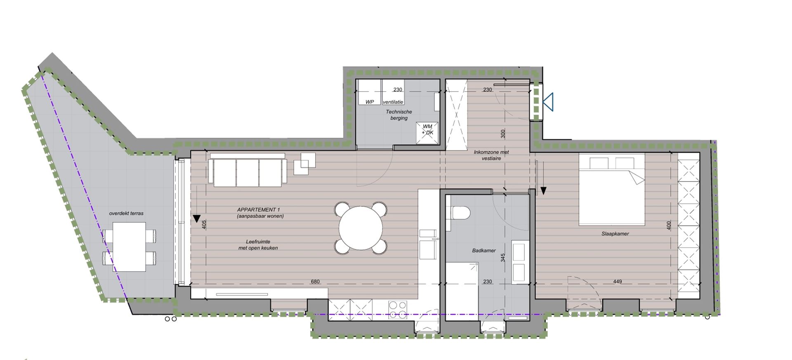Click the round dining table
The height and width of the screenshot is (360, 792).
pyautogui.click(x=361, y=228)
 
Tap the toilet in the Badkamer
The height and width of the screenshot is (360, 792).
pyautogui.click(x=460, y=213)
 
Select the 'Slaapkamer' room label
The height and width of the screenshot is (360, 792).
pyautogui.click(x=615, y=234)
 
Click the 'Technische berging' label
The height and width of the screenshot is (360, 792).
pyautogui.click(x=399, y=115)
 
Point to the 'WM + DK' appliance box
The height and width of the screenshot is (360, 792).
pyautogui.click(x=427, y=129)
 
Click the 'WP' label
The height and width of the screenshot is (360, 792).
pyautogui.click(x=369, y=102)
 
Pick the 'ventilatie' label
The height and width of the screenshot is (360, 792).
pyautogui.click(x=393, y=102)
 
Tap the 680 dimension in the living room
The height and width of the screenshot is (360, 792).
pyautogui.click(x=315, y=282)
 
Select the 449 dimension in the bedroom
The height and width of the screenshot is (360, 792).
pyautogui.click(x=617, y=282)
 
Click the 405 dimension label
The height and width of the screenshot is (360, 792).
pyautogui.click(x=204, y=224)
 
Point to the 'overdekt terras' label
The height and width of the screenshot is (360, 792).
pyautogui.click(x=126, y=213)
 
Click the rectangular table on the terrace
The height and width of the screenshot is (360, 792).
pyautogui.click(x=129, y=247)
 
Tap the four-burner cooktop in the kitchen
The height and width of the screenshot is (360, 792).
pyautogui.click(x=398, y=310)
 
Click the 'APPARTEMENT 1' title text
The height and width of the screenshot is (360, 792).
pyautogui.click(x=259, y=210)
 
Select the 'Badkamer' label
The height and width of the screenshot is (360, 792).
pyautogui.click(x=484, y=250)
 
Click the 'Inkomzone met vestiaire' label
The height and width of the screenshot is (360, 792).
pyautogui.click(x=491, y=155)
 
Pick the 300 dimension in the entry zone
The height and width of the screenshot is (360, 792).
pyautogui.click(x=502, y=134)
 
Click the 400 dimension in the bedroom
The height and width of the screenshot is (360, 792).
pyautogui.click(x=669, y=225)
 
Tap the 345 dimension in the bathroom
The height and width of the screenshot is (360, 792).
pyautogui.click(x=502, y=258)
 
